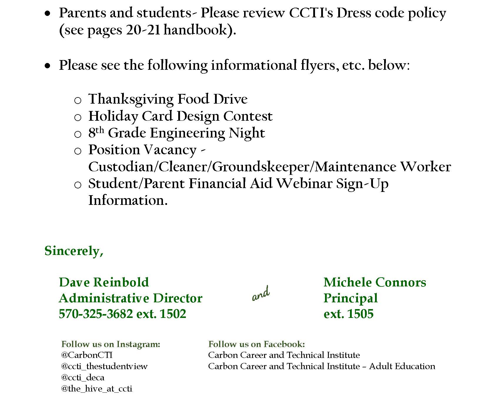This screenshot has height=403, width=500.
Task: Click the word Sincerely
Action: [x=74, y=251]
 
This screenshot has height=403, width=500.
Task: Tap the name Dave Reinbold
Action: [x=104, y=282]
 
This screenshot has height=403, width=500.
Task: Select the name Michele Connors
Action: [x=374, y=282]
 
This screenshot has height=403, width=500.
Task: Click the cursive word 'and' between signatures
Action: [x=261, y=294]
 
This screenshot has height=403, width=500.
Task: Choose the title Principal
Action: [x=350, y=298]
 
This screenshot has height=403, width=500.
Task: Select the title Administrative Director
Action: [x=130, y=298]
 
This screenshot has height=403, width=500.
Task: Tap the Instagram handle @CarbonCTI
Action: [x=87, y=355]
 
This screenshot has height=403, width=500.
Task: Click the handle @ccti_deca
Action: [x=83, y=377]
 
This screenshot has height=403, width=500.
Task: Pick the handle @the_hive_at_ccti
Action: [x=96, y=389]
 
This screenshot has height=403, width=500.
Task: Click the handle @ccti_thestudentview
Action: [x=104, y=366]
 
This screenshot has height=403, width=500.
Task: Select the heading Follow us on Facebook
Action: [x=256, y=344]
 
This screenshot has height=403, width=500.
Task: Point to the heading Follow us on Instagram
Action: [x=111, y=344]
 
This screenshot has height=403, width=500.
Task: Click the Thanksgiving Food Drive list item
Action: [x=168, y=99]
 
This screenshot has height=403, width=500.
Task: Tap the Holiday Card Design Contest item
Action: [x=180, y=116]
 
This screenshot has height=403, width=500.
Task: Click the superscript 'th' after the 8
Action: [x=100, y=130]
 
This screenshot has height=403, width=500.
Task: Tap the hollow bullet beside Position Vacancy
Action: [x=78, y=151]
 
